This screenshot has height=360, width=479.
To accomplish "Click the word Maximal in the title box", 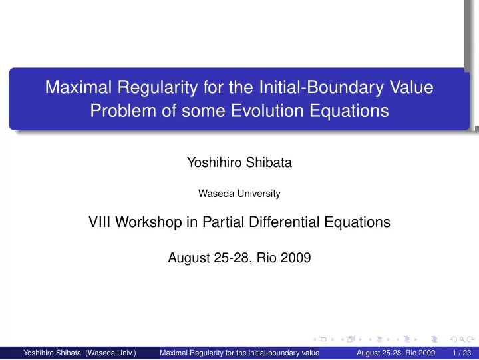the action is [79, 87].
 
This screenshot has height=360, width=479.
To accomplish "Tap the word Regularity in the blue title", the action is [158, 87].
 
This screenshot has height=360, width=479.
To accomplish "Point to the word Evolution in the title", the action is [267, 110].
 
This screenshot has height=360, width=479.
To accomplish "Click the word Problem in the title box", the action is [123, 110].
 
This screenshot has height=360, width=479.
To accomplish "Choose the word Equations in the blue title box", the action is [349, 111].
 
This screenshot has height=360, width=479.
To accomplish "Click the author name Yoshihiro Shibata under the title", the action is [239, 162].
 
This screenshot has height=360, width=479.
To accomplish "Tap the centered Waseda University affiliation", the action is [239, 194].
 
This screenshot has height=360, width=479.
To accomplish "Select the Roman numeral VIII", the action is [99, 222].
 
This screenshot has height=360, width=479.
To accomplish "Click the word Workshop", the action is [148, 222].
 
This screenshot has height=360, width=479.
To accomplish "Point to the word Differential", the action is [284, 222].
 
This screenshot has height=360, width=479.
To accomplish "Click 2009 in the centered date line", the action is [295, 258].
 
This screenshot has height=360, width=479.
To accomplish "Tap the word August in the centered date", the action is [188, 258].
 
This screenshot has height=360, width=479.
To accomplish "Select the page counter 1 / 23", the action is [462, 353].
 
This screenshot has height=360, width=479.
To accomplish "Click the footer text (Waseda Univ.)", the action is [110, 353].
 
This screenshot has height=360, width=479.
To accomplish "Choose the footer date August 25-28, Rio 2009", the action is [396, 353].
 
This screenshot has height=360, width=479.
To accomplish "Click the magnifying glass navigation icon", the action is [462, 339].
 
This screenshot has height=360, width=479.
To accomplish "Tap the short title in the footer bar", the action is [239, 353].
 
